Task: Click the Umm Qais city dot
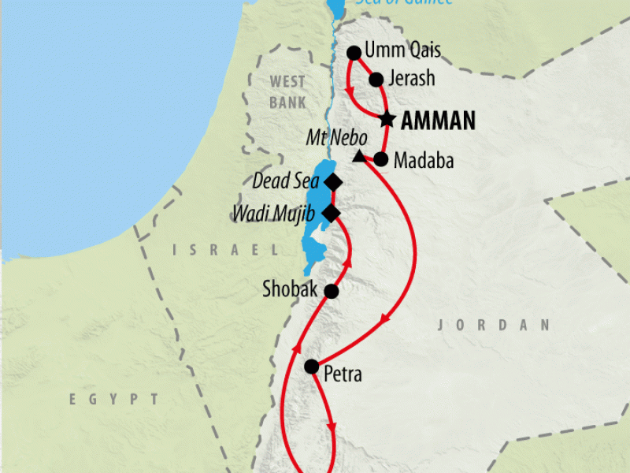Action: (354, 54)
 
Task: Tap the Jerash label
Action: (412, 79)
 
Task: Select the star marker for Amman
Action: (387, 120)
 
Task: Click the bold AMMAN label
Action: (439, 121)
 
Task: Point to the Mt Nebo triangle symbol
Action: (359, 156)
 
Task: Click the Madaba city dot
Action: (380, 158)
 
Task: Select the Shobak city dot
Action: (332, 292)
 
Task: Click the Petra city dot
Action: (312, 367)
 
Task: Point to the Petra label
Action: (343, 374)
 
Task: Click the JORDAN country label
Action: (493, 325)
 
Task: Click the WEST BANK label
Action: (287, 92)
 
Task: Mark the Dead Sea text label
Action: (286, 181)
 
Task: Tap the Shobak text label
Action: (290, 290)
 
